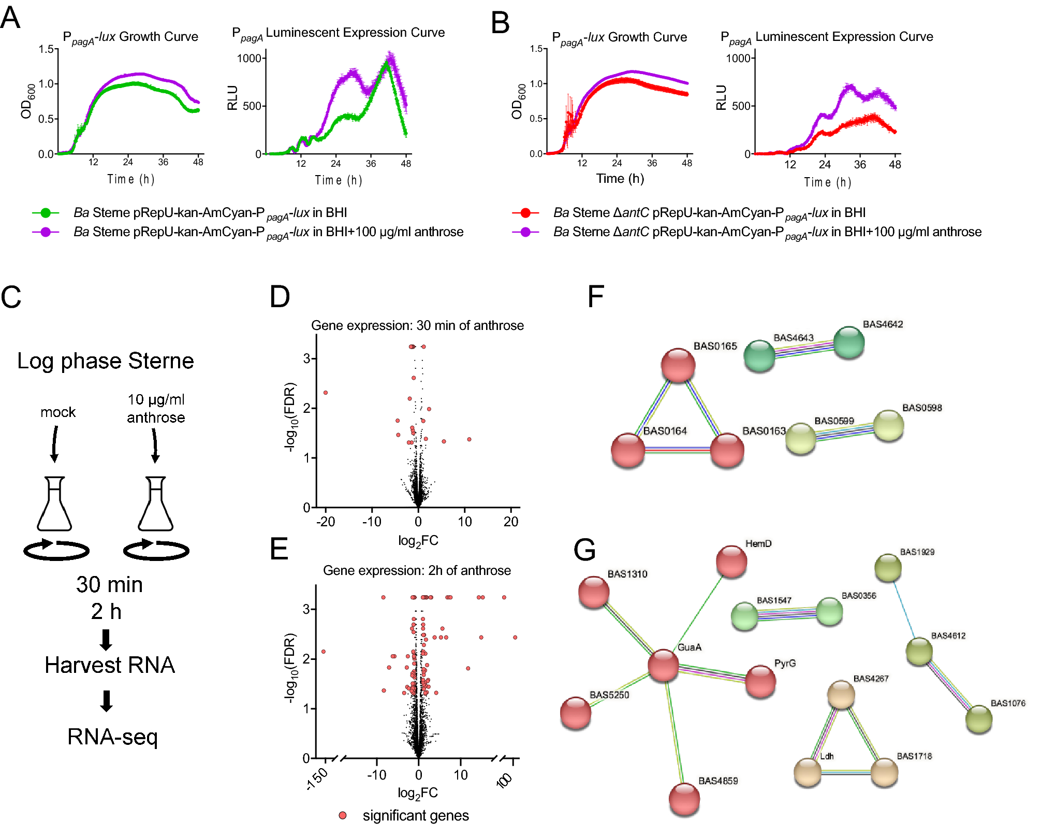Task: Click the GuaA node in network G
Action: click(x=663, y=665)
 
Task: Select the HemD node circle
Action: click(x=731, y=561)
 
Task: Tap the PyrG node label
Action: click(x=785, y=664)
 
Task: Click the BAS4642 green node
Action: click(x=849, y=342)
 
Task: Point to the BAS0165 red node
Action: click(x=678, y=365)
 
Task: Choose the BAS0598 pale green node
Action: click(x=889, y=425)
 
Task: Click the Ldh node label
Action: click(x=827, y=756)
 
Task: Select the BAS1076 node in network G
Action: click(x=979, y=719)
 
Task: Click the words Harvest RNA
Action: click(x=110, y=665)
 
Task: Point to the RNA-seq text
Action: click(x=112, y=737)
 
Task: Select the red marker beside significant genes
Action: click(x=342, y=815)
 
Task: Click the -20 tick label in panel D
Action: click(x=325, y=522)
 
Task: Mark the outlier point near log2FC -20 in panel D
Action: click(x=326, y=393)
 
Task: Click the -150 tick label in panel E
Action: click(x=317, y=778)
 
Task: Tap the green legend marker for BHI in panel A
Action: click(x=46, y=213)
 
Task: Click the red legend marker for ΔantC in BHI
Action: click(x=525, y=213)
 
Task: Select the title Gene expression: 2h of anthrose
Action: click(x=417, y=570)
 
